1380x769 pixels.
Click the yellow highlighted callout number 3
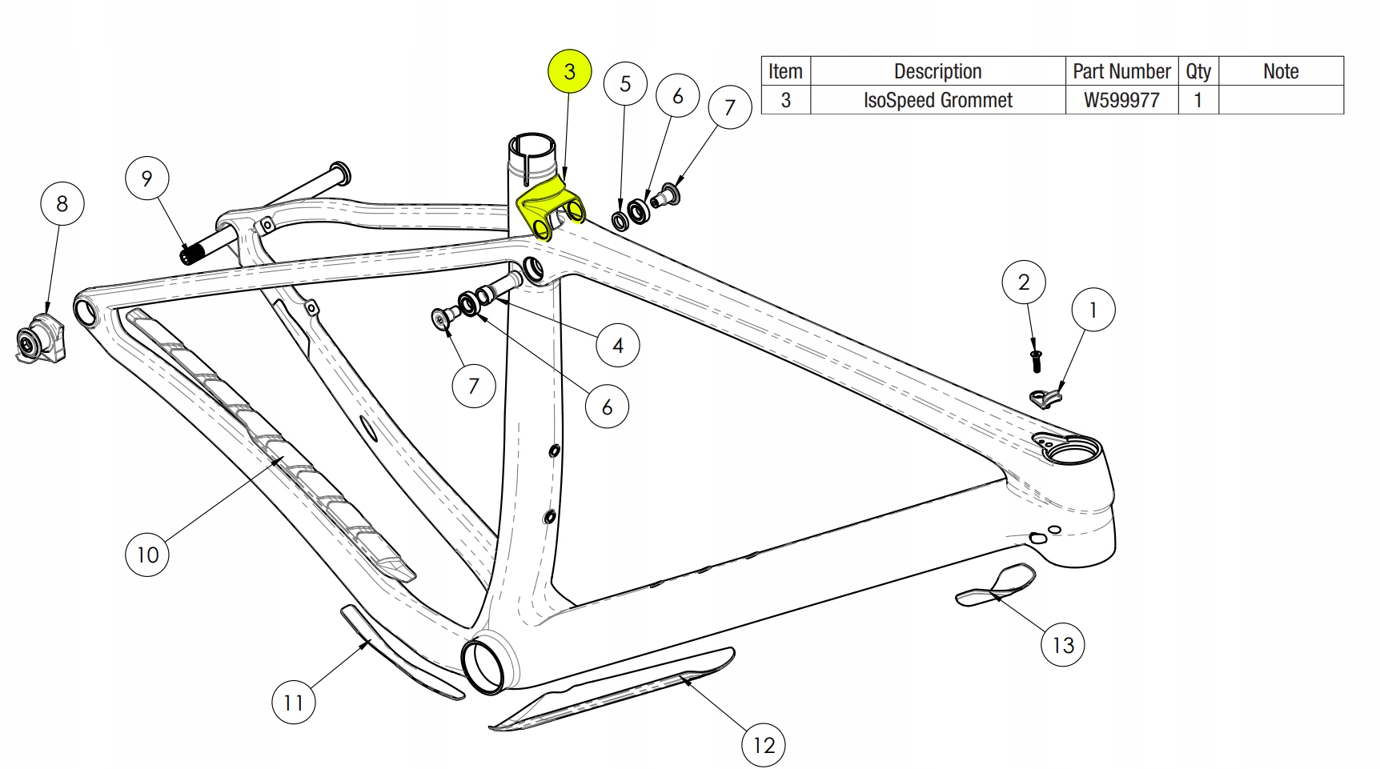pyautogui.click(x=569, y=71)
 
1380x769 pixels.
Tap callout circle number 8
pyautogui.click(x=62, y=203)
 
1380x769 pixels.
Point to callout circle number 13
pyautogui.click(x=1063, y=644)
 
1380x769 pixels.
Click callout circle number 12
pyautogui.click(x=764, y=745)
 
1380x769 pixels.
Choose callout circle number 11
pyautogui.click(x=294, y=702)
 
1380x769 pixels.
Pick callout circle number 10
pyautogui.click(x=148, y=554)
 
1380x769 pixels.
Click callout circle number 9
pyautogui.click(x=147, y=178)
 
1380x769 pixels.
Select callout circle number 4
pyautogui.click(x=618, y=345)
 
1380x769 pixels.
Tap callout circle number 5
pyautogui.click(x=625, y=83)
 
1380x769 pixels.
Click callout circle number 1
pyautogui.click(x=1093, y=310)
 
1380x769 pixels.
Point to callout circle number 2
pyautogui.click(x=1024, y=282)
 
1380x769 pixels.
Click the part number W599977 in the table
pyautogui.click(x=1121, y=100)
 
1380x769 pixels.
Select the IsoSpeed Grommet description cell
pyautogui.click(x=938, y=100)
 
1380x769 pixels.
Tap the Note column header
pyautogui.click(x=1281, y=71)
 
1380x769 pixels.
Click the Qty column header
pyautogui.click(x=1198, y=71)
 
